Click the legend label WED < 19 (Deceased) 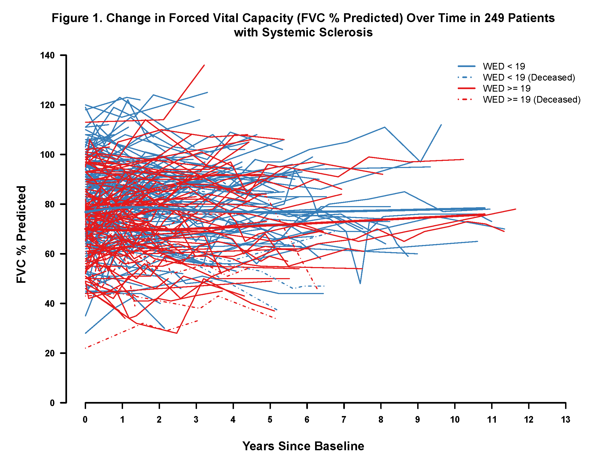[x=529, y=77]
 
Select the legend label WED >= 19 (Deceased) [x=531, y=100]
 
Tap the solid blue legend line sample [x=467, y=66]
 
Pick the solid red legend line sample [x=467, y=88]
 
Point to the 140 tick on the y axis [x=63, y=55]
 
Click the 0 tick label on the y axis [x=52, y=403]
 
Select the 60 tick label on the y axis [x=49, y=254]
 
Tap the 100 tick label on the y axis [x=47, y=155]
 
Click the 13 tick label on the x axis [x=565, y=420]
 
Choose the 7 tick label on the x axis [x=344, y=420]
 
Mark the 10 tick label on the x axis [x=455, y=420]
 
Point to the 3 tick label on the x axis [x=196, y=420]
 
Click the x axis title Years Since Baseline [x=303, y=446]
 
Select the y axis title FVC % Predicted [x=21, y=234]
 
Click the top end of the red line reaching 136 [x=204, y=65]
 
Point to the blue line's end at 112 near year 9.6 [x=441, y=125]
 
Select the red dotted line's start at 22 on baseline [x=86, y=348]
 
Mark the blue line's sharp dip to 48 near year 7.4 [x=360, y=283]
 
